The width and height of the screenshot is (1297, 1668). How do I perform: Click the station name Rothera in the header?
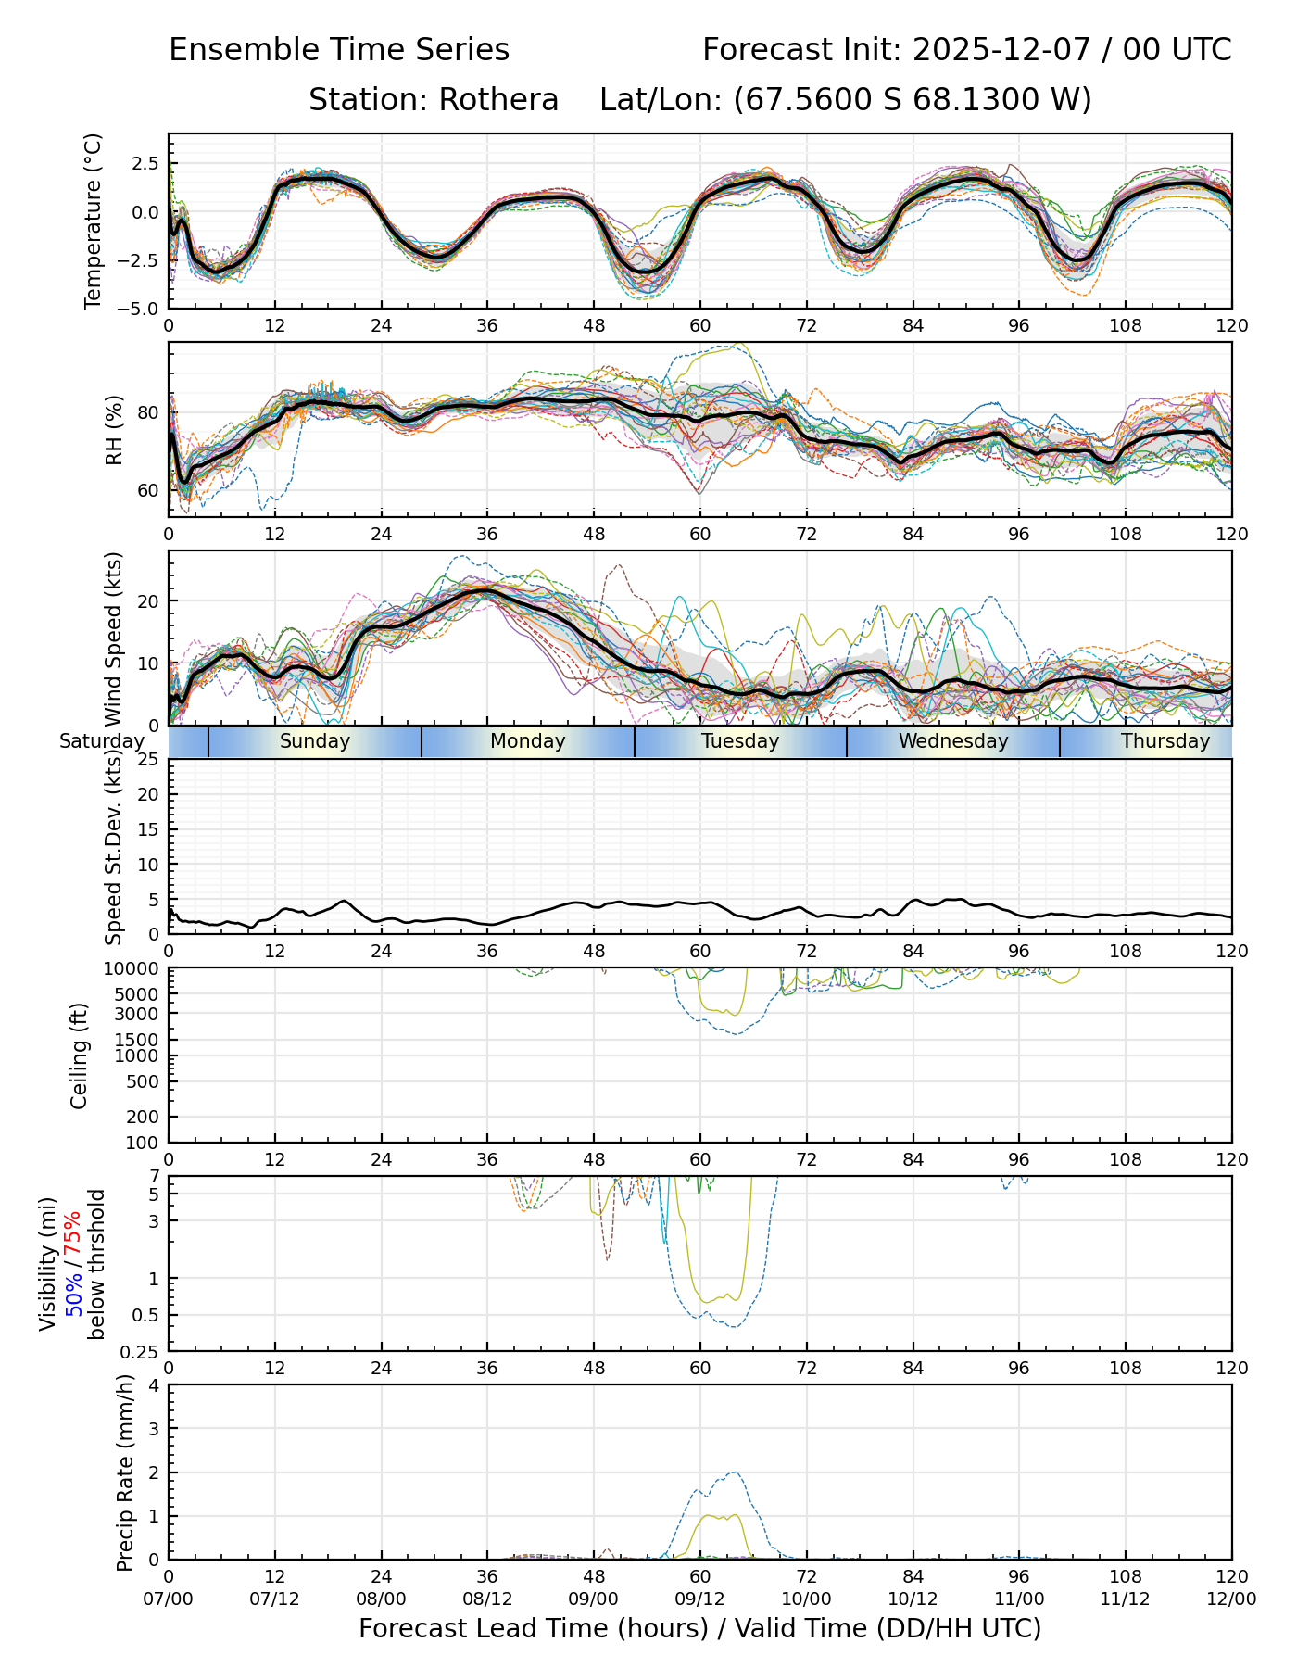[498, 100]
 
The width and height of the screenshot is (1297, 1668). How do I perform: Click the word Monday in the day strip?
[527, 741]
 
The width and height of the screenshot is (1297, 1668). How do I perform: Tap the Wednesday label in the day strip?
[953, 741]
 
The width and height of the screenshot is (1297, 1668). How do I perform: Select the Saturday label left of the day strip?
[102, 741]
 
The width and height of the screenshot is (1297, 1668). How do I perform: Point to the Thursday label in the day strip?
[1165, 741]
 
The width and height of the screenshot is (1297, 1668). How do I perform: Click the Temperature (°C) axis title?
[93, 221]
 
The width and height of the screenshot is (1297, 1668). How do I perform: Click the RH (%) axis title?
[114, 430]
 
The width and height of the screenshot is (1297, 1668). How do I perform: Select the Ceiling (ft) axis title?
[80, 1055]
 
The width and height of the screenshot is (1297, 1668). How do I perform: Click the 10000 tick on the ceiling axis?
[134, 969]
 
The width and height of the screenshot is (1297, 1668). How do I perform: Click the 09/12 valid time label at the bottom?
[699, 1598]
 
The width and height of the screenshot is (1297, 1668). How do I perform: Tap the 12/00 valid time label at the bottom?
[1231, 1598]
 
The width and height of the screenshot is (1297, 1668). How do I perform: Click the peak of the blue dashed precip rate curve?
[734, 1472]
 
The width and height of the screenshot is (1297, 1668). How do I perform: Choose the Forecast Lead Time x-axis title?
[699, 1628]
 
